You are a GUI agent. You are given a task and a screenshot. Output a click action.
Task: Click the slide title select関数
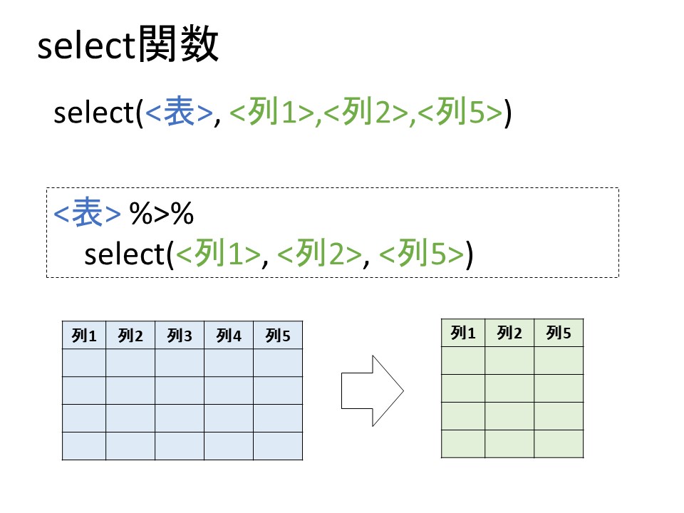[128, 48]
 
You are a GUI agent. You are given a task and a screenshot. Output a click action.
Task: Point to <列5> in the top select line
[461, 113]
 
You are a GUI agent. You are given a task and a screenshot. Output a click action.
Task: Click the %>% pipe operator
[162, 214]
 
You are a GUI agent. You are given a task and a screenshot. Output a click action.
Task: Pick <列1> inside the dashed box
[218, 254]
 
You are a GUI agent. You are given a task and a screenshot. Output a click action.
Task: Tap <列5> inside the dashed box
[422, 254]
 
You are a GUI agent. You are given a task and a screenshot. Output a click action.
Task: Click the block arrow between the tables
[372, 390]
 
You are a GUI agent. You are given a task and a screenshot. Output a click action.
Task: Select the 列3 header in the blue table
[180, 336]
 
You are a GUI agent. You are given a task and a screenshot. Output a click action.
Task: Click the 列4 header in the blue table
[229, 336]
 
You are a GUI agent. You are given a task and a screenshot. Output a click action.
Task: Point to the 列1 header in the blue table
[84, 336]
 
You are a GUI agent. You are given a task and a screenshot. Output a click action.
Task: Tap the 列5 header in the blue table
[278, 336]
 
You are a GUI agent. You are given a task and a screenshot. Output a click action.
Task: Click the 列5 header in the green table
[559, 333]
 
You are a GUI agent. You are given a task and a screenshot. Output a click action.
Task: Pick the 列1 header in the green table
[463, 333]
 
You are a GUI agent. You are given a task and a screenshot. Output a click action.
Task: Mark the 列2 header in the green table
[509, 333]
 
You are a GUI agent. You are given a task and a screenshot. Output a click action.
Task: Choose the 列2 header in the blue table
[130, 336]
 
